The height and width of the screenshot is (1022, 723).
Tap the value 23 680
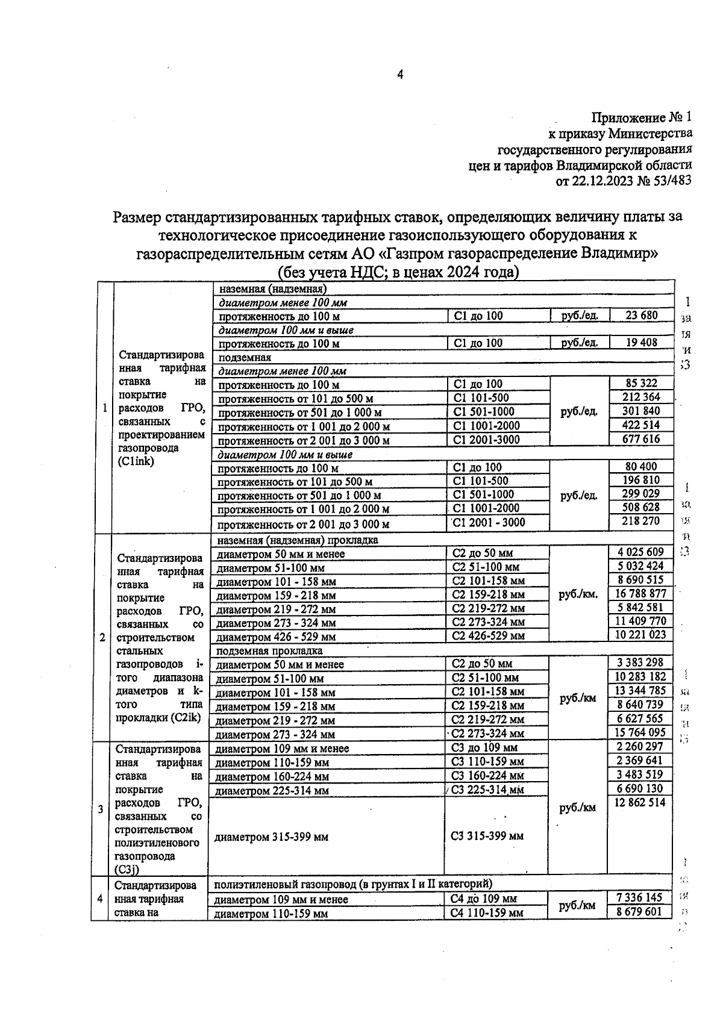[x=641, y=314]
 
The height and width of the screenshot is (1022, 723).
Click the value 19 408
[x=641, y=342]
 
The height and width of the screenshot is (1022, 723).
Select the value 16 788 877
[x=640, y=594]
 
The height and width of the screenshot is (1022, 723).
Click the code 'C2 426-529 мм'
[x=488, y=635]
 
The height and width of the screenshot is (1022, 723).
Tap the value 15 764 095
[x=640, y=732]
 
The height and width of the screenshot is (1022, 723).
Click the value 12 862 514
[x=640, y=802]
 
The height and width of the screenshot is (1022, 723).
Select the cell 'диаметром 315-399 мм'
[x=271, y=837]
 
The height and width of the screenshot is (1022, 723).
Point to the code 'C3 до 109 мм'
[x=484, y=748]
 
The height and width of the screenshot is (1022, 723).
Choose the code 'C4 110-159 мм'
[x=487, y=913]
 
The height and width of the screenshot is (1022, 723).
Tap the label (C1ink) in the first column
[x=136, y=461]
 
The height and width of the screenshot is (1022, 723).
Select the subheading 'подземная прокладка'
[x=269, y=650]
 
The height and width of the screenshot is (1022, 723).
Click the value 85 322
[x=641, y=382]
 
